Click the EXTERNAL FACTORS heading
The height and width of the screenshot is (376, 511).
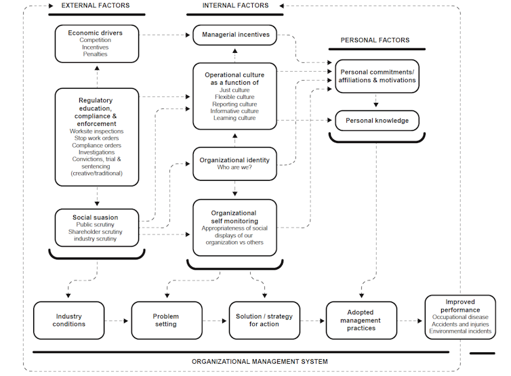tap(96, 5)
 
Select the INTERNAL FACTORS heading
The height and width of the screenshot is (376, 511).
tap(235, 5)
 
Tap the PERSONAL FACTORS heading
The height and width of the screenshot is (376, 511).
tap(375, 40)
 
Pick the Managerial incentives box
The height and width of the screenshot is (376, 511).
tap(235, 35)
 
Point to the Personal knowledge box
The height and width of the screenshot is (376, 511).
tap(377, 121)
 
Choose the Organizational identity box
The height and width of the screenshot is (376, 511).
tap(234, 164)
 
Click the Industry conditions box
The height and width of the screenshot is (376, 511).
tap(69, 320)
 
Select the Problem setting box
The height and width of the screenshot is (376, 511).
tap(165, 320)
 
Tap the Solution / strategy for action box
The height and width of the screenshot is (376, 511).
tap(264, 320)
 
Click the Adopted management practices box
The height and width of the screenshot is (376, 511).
tap(361, 320)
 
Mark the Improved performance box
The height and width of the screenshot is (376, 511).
tap(459, 317)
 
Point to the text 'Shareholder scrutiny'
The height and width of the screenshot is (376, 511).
tap(96, 232)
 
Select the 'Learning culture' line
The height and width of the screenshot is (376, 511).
tap(234, 119)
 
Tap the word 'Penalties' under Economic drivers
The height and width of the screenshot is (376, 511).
tap(96, 54)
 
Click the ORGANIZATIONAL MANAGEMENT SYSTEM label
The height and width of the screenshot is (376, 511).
tap(260, 362)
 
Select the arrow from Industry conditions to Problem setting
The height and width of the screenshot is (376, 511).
tap(117, 321)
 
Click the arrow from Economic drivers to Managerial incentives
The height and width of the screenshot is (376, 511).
tap(166, 35)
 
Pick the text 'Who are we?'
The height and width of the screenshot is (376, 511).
tap(234, 168)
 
